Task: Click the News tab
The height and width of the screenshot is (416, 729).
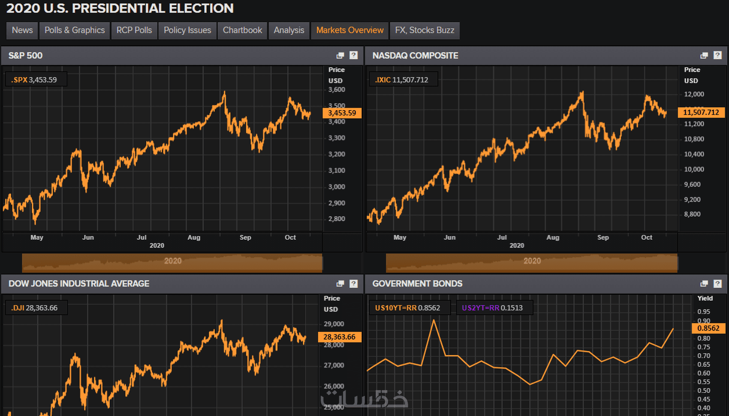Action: (22, 30)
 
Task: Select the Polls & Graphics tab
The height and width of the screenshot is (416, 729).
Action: (75, 30)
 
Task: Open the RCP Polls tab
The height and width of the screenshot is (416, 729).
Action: (134, 30)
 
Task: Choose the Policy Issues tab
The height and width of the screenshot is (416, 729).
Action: (187, 30)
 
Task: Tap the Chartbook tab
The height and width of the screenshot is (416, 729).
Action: (242, 30)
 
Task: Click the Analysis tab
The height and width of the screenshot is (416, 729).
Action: (289, 30)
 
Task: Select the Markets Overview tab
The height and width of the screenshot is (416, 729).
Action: (350, 30)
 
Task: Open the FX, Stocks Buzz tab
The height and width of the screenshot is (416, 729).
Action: (425, 30)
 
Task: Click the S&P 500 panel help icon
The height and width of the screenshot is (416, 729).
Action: (354, 55)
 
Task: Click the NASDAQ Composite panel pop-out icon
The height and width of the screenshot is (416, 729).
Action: (704, 55)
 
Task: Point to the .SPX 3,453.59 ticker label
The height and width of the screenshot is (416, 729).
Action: (35, 80)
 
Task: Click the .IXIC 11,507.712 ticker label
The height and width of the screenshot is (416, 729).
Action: (402, 80)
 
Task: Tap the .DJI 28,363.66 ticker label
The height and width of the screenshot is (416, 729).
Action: (35, 308)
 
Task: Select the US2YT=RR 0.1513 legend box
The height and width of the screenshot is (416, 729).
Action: (493, 308)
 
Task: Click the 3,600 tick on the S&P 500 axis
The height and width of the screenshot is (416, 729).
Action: (337, 90)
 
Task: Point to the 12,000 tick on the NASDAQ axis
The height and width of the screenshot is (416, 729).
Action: (694, 94)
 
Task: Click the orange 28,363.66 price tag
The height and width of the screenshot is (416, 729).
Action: (339, 337)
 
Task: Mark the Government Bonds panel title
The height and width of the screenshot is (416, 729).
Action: (417, 283)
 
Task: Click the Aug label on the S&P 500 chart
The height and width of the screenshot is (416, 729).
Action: (194, 238)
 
